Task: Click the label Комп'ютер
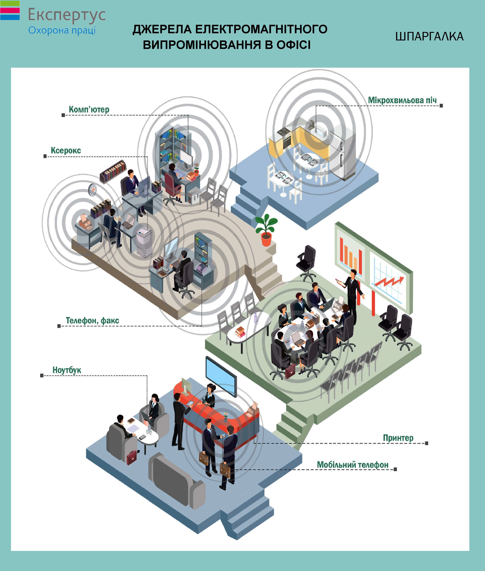click(89, 109)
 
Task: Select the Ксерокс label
click(66, 150)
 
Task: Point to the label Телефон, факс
click(92, 320)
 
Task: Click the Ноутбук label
click(67, 370)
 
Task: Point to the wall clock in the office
click(93, 190)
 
